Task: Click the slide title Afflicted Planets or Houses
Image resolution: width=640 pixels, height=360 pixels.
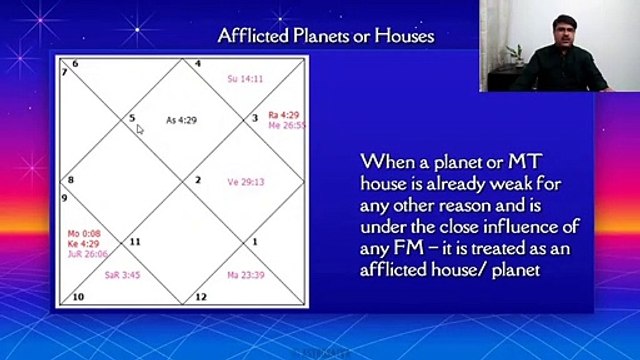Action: coord(325,37)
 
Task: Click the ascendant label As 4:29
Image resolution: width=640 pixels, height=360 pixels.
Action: coord(181,121)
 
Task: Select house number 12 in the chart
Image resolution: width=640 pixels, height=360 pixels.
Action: coord(200,297)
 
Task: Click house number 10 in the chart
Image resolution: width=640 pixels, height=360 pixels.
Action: coord(76,297)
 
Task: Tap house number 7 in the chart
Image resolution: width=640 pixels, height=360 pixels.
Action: coord(64,72)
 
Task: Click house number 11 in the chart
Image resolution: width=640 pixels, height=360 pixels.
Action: coord(135,242)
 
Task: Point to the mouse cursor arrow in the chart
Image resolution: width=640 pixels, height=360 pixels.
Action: coord(140,128)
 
